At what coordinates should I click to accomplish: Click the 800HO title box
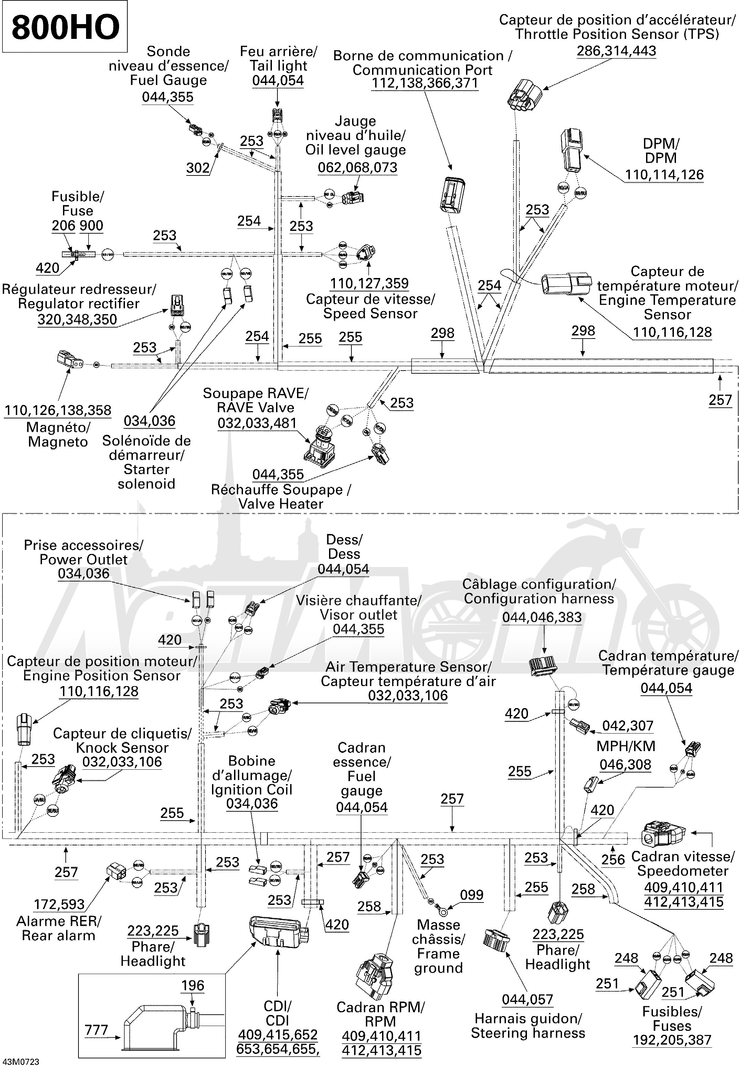[x=65, y=26]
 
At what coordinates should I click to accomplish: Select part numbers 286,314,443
[x=616, y=51]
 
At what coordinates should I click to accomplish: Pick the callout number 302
[x=198, y=168]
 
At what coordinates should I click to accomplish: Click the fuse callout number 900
[x=91, y=226]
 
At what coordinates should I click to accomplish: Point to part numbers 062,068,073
[x=358, y=167]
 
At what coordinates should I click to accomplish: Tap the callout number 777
[x=96, y=1030]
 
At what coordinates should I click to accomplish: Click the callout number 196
[x=192, y=985]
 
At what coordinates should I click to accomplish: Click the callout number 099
[x=472, y=895]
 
